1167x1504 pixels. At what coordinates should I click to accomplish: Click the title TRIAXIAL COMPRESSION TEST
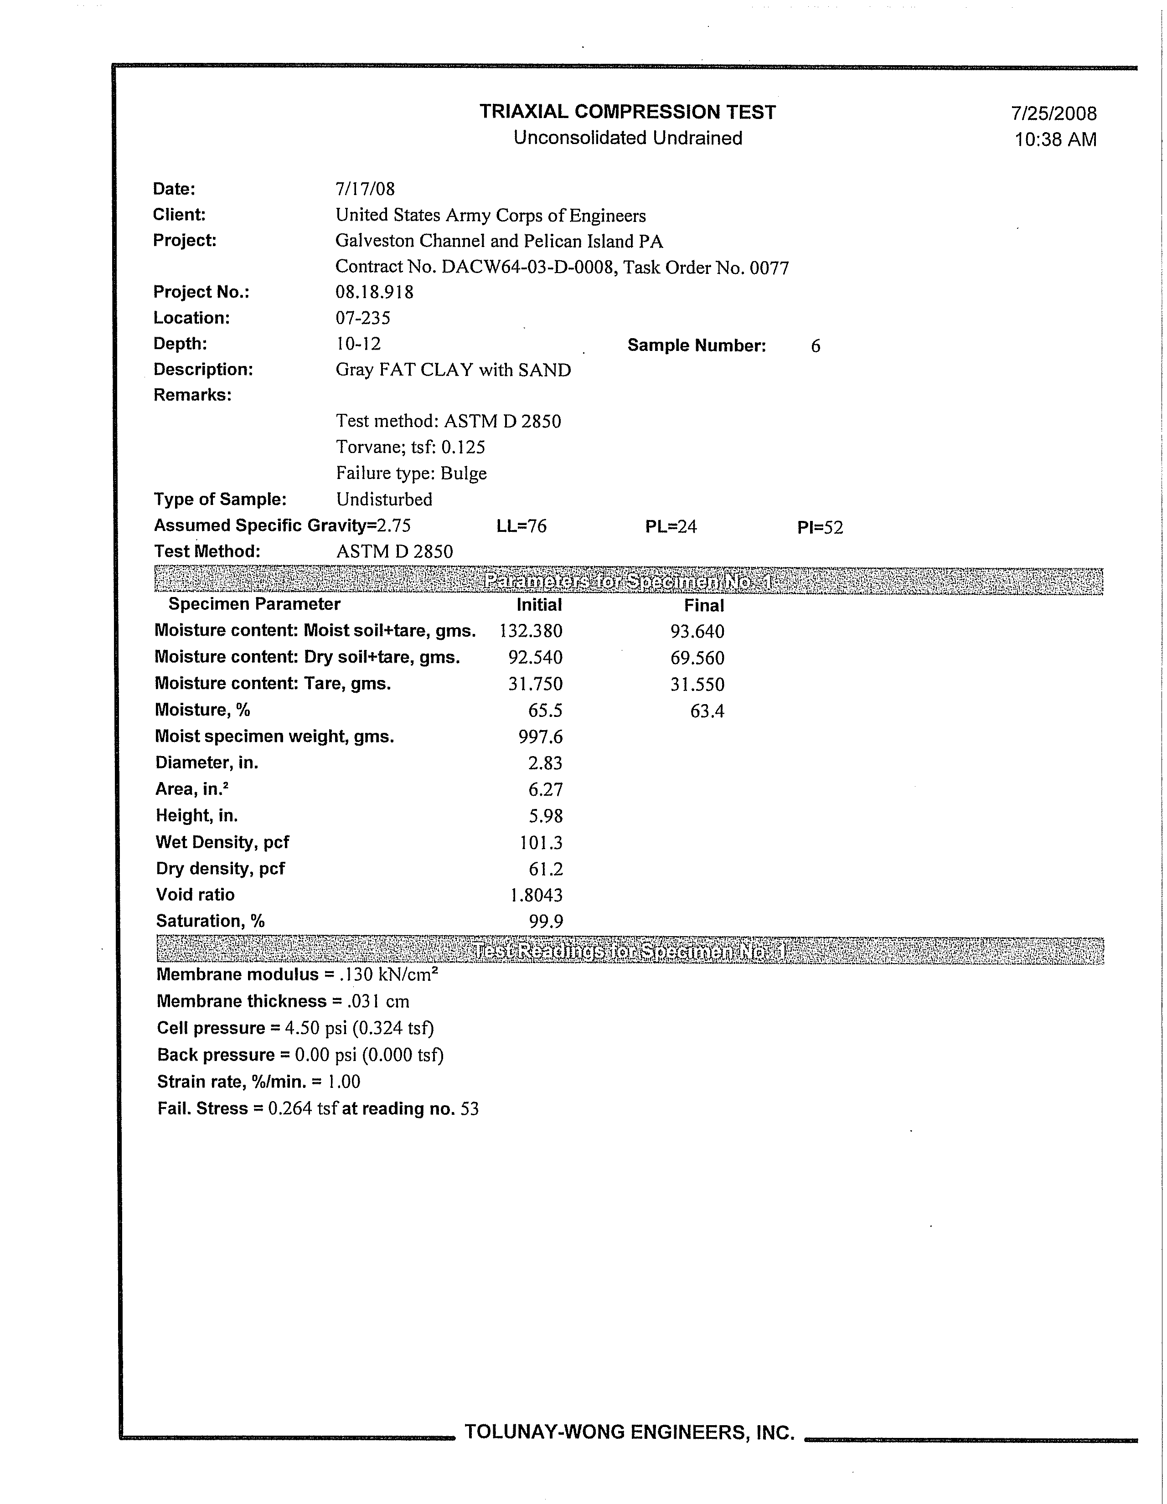(x=628, y=112)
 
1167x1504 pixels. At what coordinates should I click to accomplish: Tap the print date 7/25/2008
(x=1053, y=113)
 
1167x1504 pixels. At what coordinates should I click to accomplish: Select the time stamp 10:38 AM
(x=1055, y=140)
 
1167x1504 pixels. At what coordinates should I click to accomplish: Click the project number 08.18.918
(x=374, y=292)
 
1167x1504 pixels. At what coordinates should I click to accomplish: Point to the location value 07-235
(x=362, y=318)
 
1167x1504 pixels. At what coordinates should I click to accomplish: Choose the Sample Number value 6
(x=815, y=346)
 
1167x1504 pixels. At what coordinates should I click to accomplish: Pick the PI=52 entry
(x=820, y=527)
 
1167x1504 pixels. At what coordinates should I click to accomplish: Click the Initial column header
(x=539, y=605)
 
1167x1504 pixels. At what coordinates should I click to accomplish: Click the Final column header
(x=703, y=606)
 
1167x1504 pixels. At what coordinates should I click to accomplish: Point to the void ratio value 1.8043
(x=536, y=895)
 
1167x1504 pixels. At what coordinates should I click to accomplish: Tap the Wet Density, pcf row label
(x=222, y=842)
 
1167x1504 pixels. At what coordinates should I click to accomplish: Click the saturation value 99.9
(x=546, y=922)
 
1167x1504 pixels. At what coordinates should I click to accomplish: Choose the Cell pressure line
(x=295, y=1028)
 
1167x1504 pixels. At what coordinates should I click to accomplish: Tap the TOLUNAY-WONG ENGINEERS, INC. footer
(x=630, y=1432)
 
